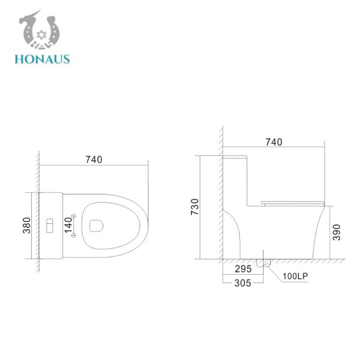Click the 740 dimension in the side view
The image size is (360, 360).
click(274, 142)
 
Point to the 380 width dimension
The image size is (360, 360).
click(27, 226)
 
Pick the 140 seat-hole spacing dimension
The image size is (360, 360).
click(68, 226)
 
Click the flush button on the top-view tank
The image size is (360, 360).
click(50, 226)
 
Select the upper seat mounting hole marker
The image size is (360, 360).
click(73, 215)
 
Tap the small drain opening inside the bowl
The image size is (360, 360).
click(95, 226)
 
